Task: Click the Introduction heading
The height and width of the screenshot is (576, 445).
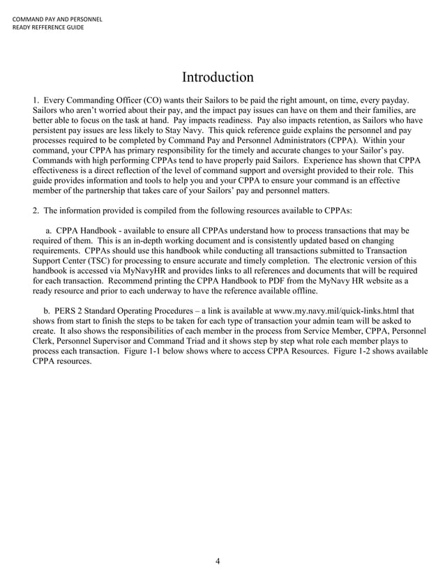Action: [x=218, y=76]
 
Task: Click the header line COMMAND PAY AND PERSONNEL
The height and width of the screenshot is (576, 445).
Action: [x=58, y=18]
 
